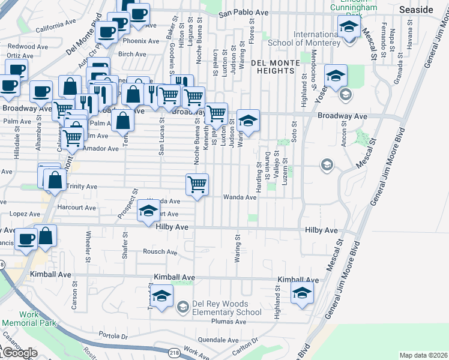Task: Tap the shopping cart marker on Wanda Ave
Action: click(197, 184)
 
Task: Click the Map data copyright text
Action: click(423, 355)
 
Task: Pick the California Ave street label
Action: click(56, 28)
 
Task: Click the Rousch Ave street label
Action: click(160, 252)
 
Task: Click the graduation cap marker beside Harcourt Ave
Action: click(148, 211)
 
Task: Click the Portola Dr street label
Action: click(113, 336)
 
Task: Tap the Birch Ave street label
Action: click(132, 54)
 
